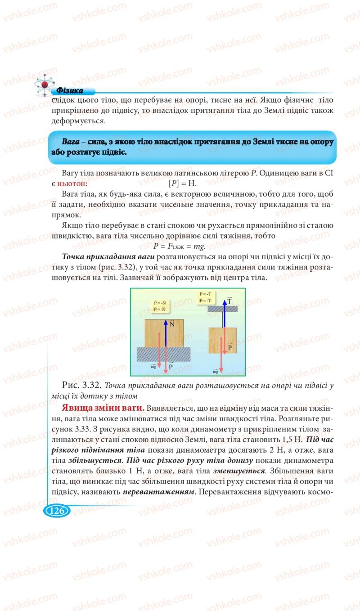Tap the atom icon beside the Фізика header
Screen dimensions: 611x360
pos(44,85)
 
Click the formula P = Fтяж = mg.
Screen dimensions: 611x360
pos(179,246)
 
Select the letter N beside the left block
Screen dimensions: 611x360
pos(171,323)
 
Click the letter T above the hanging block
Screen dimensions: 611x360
pos(229,301)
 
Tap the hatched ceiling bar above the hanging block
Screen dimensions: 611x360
pos(224,309)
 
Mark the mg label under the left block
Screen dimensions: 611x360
pos(153,367)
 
